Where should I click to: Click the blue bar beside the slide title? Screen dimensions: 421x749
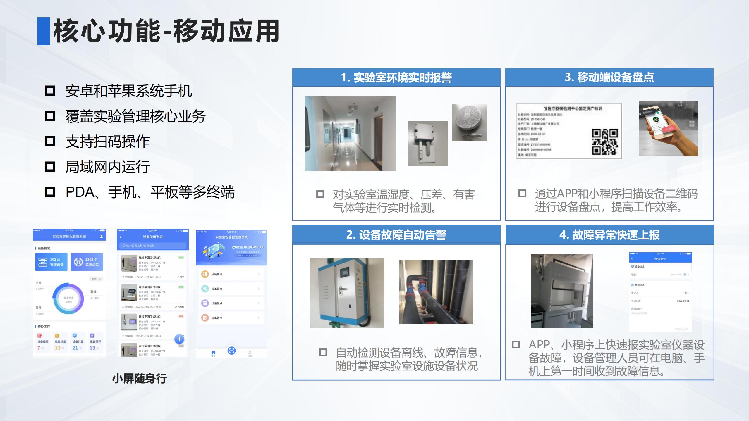(x=44, y=31)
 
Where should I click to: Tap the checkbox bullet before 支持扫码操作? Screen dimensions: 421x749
(x=50, y=141)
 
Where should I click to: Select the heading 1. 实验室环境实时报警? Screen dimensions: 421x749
(x=396, y=77)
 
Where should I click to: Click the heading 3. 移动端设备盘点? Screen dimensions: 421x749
(x=609, y=77)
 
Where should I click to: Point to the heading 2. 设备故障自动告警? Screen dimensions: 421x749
(x=396, y=234)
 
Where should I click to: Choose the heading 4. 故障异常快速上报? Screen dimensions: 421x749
(x=609, y=235)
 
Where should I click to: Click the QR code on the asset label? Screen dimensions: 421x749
(x=605, y=142)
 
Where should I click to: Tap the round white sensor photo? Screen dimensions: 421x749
(x=469, y=122)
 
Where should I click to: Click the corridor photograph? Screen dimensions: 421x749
(x=350, y=134)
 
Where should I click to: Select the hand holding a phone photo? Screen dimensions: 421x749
(x=668, y=128)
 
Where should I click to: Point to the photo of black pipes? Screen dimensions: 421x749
(x=436, y=292)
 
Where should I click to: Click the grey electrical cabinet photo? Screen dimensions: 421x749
(x=347, y=293)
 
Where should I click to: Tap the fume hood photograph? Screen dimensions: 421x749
(x=562, y=291)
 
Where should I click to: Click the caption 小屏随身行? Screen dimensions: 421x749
(x=140, y=379)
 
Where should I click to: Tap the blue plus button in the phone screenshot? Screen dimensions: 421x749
(x=179, y=339)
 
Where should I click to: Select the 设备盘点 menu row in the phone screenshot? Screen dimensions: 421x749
(x=231, y=303)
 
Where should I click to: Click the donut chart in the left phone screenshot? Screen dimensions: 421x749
(x=68, y=299)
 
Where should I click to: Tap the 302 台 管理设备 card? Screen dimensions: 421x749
(x=51, y=262)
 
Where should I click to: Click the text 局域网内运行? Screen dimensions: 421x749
(x=107, y=167)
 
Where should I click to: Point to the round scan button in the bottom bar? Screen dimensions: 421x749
(x=231, y=351)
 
